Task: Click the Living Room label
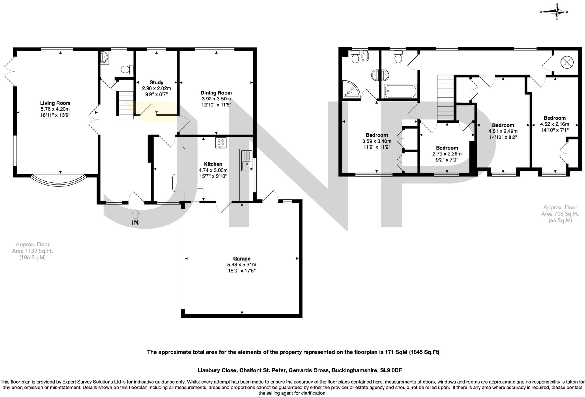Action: click(55, 103)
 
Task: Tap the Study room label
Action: click(156, 82)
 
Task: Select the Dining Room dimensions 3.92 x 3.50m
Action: click(216, 99)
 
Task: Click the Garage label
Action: click(242, 259)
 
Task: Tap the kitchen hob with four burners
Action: click(221, 143)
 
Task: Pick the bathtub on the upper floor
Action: click(400, 91)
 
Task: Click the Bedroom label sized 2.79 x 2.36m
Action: click(447, 148)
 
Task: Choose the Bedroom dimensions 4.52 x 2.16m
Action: click(554, 124)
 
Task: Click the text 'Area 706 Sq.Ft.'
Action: click(560, 214)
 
